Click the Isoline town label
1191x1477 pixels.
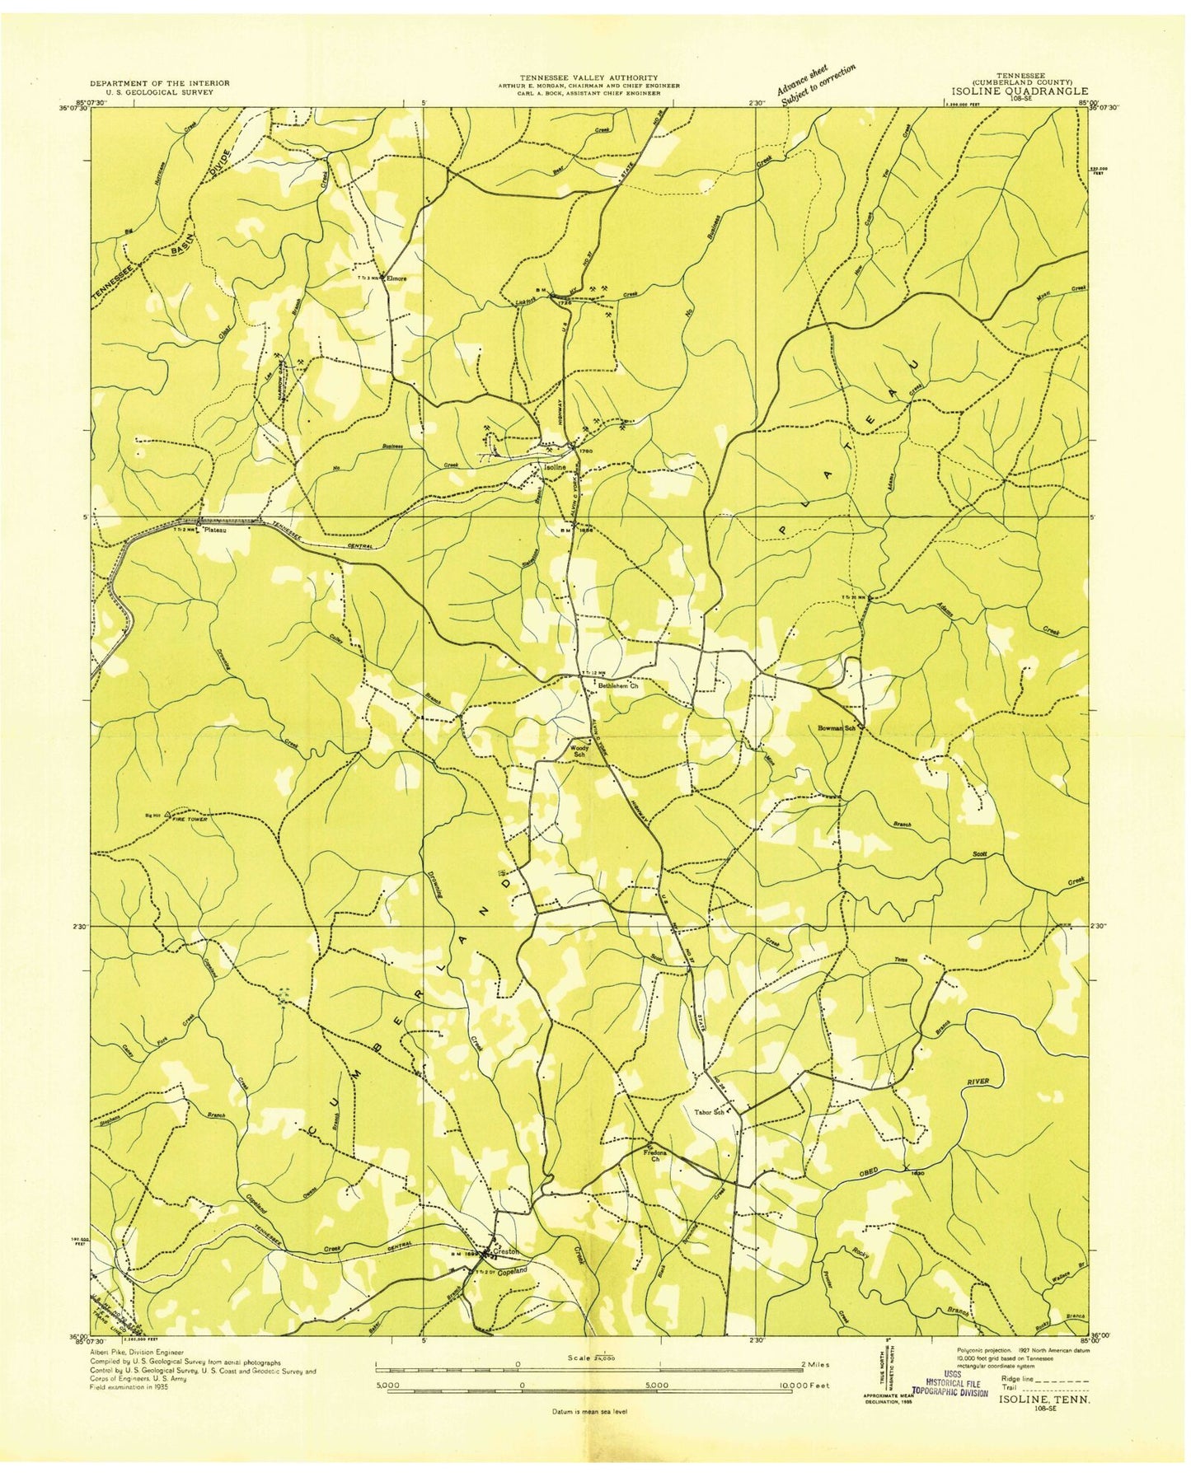pos(554,467)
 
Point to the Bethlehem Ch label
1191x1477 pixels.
pos(618,685)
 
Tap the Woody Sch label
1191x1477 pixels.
pos(579,751)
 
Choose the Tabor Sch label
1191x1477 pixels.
pos(710,1112)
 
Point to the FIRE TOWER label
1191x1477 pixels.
pos(187,820)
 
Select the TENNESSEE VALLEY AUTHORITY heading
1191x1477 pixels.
pos(588,77)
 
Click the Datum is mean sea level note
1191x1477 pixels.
pos(589,1411)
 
